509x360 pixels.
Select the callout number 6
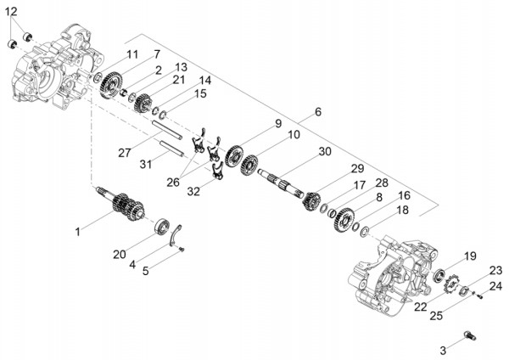(x=317, y=112)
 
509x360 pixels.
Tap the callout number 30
(x=324, y=152)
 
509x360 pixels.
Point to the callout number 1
(x=78, y=231)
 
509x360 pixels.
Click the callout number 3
(x=443, y=349)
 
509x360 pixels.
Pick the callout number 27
(x=125, y=153)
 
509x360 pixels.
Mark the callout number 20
(x=120, y=254)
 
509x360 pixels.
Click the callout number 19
(x=469, y=255)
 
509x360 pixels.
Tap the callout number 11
(x=132, y=54)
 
